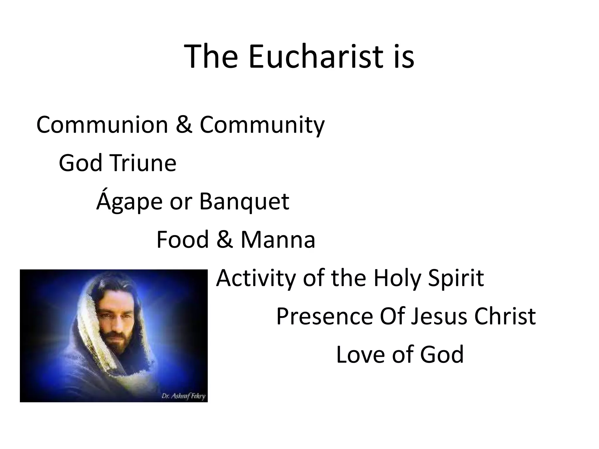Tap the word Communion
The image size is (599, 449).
coord(102,125)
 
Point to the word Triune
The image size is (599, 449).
coord(143,163)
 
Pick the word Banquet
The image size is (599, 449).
coord(244,202)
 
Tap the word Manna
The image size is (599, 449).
coord(278,239)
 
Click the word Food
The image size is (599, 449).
coord(183,239)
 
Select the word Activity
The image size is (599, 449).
coord(256,278)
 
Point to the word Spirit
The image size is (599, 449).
coord(456,278)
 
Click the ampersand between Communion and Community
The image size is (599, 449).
coord(184,125)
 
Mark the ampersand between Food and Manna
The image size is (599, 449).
coord(225,239)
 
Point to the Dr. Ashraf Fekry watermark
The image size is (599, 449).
coord(183,397)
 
